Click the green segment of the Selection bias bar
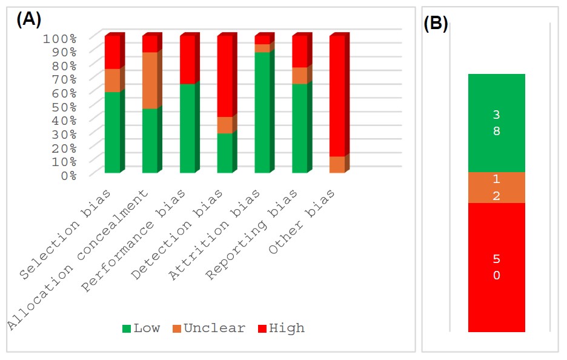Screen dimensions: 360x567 (112, 132)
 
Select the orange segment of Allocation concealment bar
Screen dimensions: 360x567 (150, 81)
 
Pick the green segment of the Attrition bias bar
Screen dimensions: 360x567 (262, 113)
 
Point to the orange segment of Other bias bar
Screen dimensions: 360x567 (337, 165)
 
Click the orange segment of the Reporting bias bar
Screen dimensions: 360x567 (300, 76)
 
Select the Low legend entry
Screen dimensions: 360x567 (141, 328)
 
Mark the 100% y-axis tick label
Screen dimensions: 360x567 (59, 38)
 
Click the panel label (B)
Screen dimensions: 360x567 (436, 24)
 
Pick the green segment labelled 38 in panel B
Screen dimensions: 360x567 (496, 123)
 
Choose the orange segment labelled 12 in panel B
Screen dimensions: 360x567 (496, 188)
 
